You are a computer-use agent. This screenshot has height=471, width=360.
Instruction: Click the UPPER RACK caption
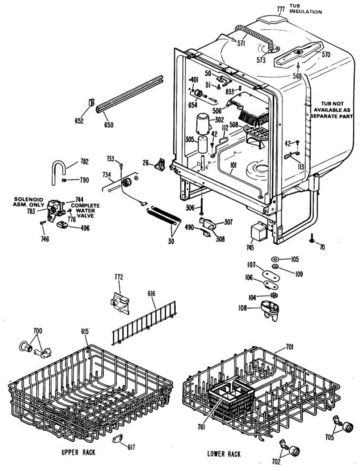click(x=78, y=453)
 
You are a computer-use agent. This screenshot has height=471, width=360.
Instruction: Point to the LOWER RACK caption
click(x=224, y=454)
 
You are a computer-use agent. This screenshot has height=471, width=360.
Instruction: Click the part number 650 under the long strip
click(x=109, y=125)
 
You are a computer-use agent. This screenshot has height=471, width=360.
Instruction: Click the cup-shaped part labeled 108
click(x=270, y=307)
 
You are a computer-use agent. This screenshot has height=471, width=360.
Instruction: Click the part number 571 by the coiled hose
click(x=241, y=44)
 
